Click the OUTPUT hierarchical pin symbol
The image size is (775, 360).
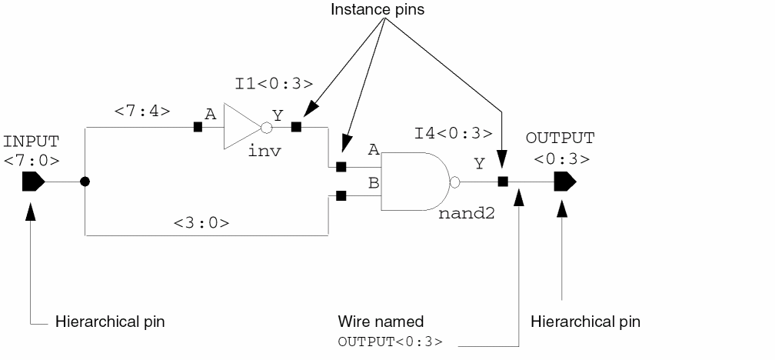[564, 182]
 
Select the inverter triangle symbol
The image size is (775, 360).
[240, 126]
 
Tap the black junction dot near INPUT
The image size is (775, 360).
[85, 182]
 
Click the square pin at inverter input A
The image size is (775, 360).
[198, 126]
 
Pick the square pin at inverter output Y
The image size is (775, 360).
[296, 126]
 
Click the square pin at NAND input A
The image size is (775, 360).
[341, 166]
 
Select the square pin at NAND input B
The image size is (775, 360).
[341, 196]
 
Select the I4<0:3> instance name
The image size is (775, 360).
[453, 133]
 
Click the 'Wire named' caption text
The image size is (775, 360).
[381, 322]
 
